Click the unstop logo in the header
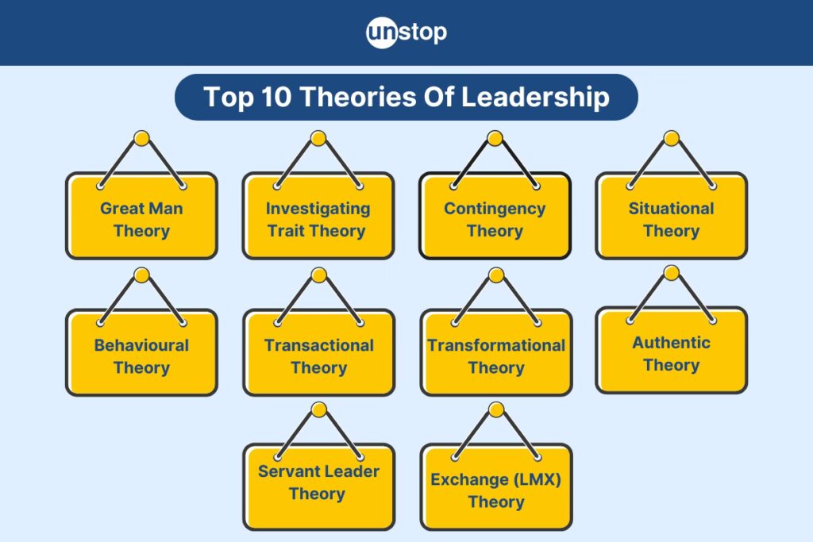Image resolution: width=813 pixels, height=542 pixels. (x=406, y=33)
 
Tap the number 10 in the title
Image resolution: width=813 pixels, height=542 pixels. (x=275, y=97)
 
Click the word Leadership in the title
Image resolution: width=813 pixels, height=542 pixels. (x=535, y=98)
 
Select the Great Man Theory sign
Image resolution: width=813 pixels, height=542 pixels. (x=141, y=216)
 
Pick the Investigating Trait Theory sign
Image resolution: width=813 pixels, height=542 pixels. (x=318, y=216)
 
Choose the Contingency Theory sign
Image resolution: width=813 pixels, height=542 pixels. (x=495, y=216)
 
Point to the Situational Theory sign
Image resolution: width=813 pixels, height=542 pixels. (x=672, y=216)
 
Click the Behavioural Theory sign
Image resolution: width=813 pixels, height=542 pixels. (x=141, y=352)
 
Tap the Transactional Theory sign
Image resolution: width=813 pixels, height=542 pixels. (x=319, y=352)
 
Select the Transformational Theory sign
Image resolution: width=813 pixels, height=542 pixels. (x=496, y=352)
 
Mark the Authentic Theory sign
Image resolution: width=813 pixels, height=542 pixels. (x=672, y=350)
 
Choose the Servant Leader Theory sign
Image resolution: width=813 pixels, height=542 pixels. (x=319, y=486)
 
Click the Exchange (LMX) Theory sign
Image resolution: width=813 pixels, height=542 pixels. (x=496, y=486)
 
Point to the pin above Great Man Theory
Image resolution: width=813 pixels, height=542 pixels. (x=141, y=138)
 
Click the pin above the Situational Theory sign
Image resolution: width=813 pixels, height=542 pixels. (x=672, y=138)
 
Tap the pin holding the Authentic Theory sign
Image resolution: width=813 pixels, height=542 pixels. (x=672, y=272)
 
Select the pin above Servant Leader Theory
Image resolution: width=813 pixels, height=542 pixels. (x=319, y=409)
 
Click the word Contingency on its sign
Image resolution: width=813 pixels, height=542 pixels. (x=495, y=209)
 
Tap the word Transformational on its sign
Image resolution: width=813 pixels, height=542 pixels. (x=496, y=345)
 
